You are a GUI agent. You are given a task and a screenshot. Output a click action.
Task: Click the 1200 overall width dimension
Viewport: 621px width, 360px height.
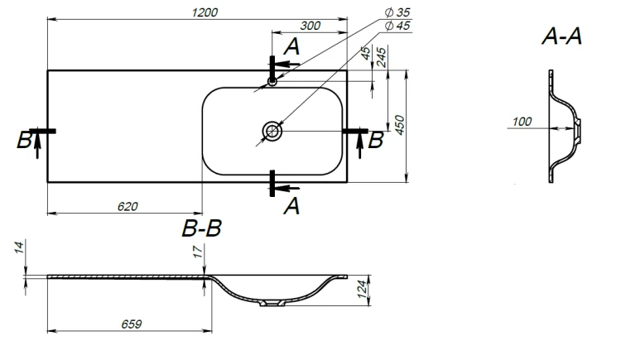pos(205,12)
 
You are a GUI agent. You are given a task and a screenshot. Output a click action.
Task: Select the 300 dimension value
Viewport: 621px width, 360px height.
pos(310,26)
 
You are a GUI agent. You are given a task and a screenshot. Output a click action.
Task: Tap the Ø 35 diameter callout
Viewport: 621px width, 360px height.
pos(397,12)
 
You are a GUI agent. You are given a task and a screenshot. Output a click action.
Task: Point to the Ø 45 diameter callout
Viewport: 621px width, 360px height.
pos(397,26)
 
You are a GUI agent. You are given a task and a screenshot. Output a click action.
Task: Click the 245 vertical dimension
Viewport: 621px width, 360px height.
pos(381,57)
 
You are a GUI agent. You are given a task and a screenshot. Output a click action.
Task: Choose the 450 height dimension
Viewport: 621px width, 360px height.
pos(400,125)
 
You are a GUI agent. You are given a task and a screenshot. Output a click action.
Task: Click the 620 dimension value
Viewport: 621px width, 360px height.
pos(128,207)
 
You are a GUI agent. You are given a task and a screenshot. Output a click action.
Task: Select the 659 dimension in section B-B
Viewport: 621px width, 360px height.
pos(132,324)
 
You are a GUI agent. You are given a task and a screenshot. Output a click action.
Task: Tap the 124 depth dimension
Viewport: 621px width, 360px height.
pos(363,289)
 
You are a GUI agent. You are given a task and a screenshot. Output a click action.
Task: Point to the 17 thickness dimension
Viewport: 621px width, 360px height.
pos(198,251)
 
